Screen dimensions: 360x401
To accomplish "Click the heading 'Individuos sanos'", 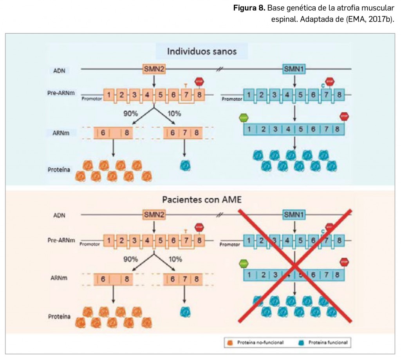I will (202, 51).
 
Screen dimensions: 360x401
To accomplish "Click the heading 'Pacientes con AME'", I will (202, 199).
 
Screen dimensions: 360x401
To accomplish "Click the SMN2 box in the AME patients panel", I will (154, 214).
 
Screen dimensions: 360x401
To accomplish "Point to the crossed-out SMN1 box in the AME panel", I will (294, 214).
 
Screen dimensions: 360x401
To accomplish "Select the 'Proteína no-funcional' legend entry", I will (256, 343).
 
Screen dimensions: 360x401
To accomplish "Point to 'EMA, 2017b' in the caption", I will (368, 19).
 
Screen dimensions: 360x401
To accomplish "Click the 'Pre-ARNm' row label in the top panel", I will (66, 94).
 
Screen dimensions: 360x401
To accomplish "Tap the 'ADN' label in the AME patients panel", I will (59, 215).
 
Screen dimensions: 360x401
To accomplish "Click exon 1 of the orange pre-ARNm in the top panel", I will (109, 94).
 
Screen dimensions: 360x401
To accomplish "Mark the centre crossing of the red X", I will (294, 266).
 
